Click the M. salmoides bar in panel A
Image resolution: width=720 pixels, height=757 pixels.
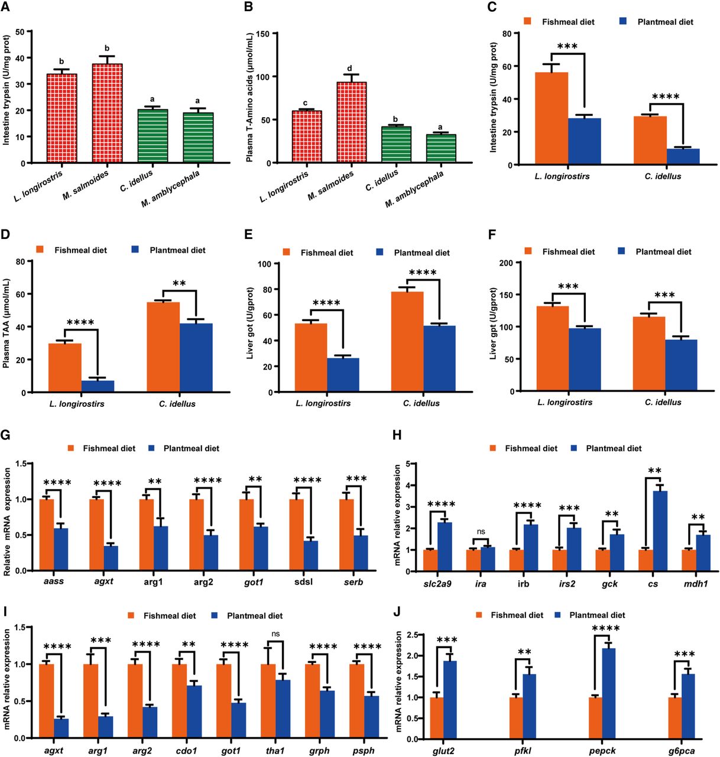pos(107,113)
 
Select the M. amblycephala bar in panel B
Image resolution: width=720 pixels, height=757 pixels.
pos(440,148)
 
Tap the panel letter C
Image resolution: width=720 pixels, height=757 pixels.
pos(492,8)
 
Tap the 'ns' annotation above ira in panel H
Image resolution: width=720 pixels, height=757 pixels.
pos(481,532)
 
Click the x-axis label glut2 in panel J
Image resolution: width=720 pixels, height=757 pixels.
pos(442,751)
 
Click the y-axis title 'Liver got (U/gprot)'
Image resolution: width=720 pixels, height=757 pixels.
pos(251,323)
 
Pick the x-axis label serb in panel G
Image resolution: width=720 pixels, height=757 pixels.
pos(353,582)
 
